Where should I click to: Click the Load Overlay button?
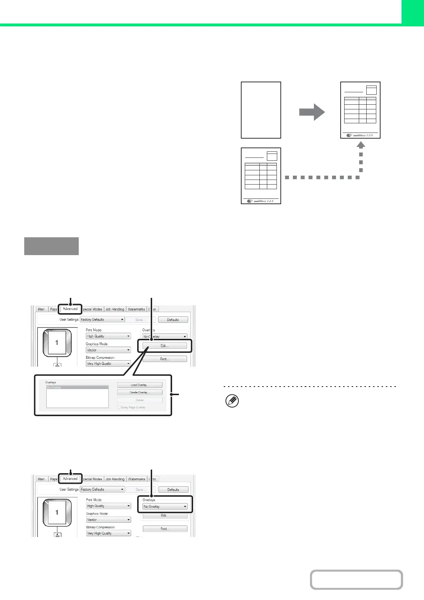click(x=140, y=385)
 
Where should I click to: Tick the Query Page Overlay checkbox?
click(x=119, y=407)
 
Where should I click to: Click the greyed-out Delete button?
click(x=140, y=400)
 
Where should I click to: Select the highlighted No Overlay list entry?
click(x=77, y=387)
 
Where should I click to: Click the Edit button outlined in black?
click(x=165, y=346)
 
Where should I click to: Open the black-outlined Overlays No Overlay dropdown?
click(x=165, y=506)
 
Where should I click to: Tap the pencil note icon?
click(x=232, y=401)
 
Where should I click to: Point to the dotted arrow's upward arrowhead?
click(x=361, y=145)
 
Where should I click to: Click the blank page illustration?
click(x=261, y=110)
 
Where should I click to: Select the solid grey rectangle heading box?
click(x=51, y=246)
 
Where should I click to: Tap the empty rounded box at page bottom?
click(x=356, y=580)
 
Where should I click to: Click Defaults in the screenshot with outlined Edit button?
click(x=173, y=320)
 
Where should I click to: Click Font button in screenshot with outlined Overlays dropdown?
click(x=165, y=529)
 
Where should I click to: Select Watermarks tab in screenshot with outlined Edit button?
click(x=136, y=309)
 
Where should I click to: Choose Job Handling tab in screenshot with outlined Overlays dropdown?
click(x=115, y=479)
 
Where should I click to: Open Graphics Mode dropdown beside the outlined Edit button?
click(x=108, y=350)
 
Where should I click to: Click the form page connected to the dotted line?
click(x=261, y=176)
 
